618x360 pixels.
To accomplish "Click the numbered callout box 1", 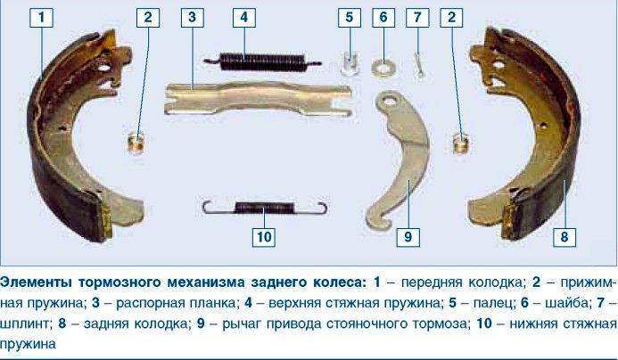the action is point(41,17).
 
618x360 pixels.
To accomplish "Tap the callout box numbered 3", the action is point(192,17).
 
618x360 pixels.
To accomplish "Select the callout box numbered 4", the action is point(244,17).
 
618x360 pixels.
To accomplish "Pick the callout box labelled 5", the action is point(350,17).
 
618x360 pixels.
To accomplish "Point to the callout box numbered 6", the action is point(383,17).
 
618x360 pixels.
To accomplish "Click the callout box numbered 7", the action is point(417,17).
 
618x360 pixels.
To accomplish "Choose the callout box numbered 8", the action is point(564,237).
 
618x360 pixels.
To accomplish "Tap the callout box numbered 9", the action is point(408,237).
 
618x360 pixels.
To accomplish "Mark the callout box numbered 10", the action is point(264,237).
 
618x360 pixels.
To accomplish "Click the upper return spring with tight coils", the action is point(263,61).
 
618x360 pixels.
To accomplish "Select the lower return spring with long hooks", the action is point(265,207).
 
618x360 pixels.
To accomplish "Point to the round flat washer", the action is point(383,68).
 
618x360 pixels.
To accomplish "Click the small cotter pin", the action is point(419,65).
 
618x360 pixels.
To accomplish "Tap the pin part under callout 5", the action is point(350,63).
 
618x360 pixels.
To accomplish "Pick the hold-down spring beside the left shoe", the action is point(136,143).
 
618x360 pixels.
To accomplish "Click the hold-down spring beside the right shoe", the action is point(460,143).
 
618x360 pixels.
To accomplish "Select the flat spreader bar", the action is point(258,99).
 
